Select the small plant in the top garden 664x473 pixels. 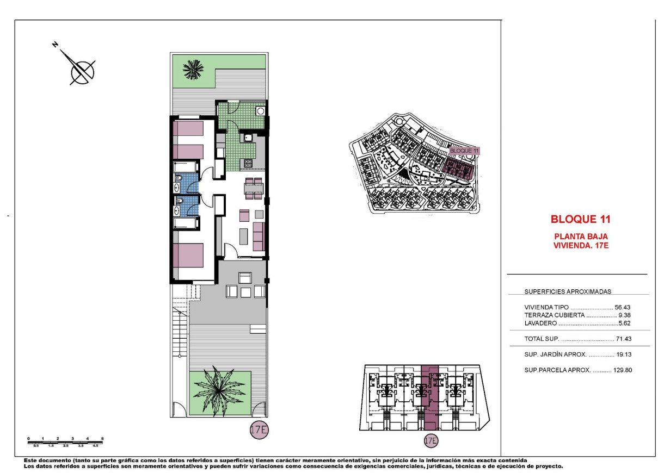point(193,69)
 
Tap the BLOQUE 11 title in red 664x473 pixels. point(580,220)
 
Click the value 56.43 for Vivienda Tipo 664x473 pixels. point(622,307)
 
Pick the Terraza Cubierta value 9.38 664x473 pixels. point(623,315)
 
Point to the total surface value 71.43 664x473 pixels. point(622,339)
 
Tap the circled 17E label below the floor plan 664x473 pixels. point(259,430)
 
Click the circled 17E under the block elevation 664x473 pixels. point(430,440)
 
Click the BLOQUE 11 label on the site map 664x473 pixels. point(464,151)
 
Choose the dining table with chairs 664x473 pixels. point(254,188)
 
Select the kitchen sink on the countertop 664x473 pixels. point(248,138)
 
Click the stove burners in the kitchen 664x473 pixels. point(248,163)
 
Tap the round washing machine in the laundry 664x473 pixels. point(260,110)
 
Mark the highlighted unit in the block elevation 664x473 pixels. point(429,396)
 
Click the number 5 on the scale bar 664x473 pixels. point(102,438)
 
